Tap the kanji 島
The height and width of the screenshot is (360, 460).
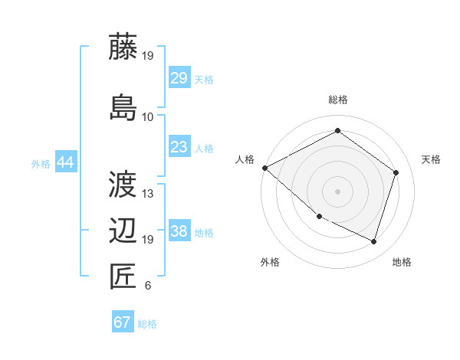(123, 107)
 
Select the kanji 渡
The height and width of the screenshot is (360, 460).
(123, 184)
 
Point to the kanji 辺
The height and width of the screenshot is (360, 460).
(123, 231)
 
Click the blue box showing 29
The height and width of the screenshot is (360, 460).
(179, 78)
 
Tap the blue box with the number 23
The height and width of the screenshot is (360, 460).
(179, 147)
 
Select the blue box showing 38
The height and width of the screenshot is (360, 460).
(179, 232)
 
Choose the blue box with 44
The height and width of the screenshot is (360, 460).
(65, 162)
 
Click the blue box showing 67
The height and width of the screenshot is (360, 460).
(123, 322)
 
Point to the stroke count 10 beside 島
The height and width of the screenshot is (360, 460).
(148, 117)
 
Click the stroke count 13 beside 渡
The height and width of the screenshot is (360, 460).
(148, 194)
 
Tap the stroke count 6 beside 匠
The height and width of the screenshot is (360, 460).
(147, 286)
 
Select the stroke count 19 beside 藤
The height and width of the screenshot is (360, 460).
(148, 56)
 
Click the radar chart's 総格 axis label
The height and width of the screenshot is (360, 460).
(337, 100)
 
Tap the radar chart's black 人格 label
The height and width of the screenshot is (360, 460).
(245, 159)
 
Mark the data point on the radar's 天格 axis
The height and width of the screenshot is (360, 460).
(396, 172)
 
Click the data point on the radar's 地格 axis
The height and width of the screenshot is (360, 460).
(373, 241)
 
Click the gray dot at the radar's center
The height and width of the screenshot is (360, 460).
(337, 191)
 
